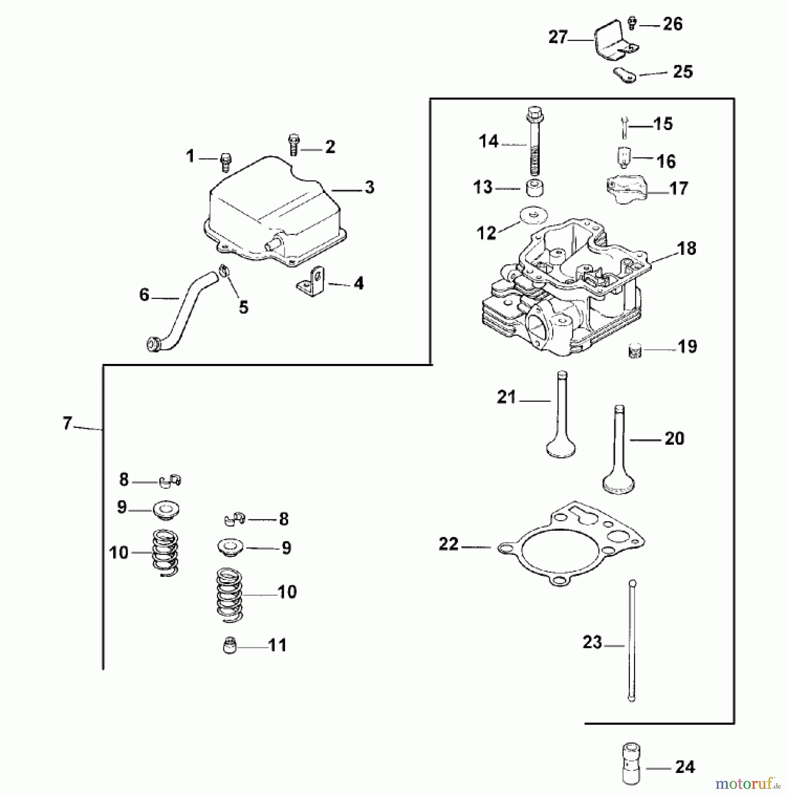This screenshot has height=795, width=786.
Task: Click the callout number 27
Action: [x=558, y=37]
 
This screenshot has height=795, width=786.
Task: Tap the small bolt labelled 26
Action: [x=632, y=23]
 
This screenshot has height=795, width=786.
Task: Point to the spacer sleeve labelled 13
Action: [x=534, y=188]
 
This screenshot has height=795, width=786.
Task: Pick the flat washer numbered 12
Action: [x=534, y=215]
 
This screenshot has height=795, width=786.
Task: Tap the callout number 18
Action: [x=687, y=248]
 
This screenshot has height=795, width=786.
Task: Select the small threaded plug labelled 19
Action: [x=635, y=352]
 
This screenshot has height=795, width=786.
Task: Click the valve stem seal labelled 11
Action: [x=229, y=647]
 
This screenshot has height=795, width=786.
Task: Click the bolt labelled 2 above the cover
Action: [x=293, y=144]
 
